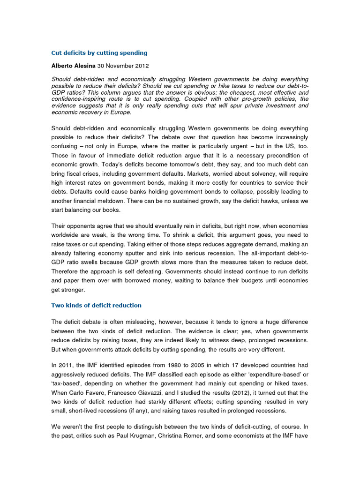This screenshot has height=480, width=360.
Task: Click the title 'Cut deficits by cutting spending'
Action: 99,53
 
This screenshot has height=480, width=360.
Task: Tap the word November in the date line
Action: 120,67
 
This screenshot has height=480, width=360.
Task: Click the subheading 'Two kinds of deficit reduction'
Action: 96,305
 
